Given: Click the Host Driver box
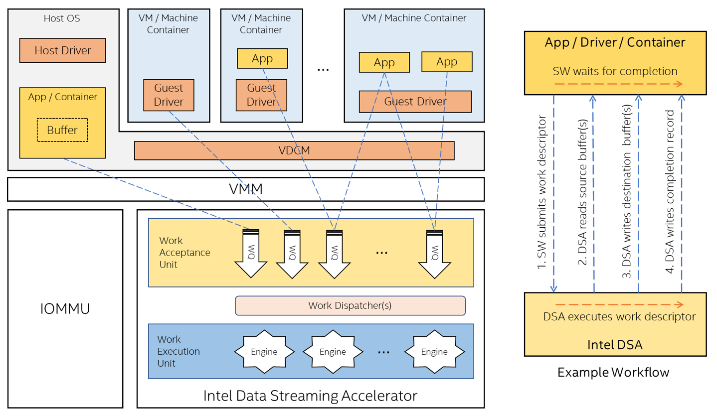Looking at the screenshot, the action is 62,50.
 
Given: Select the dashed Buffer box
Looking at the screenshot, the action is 62,130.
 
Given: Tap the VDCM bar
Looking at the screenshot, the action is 294,150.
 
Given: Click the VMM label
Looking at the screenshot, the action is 246,189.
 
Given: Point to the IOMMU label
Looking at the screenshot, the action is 65,309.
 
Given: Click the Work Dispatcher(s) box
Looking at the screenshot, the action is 350,306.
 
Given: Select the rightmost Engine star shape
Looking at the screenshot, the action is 434,352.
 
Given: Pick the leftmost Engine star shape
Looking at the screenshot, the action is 264,352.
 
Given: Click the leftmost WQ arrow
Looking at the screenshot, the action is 251,254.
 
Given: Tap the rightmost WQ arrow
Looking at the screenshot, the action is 435,254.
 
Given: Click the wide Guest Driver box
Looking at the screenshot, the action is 415,102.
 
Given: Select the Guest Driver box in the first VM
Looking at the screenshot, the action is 169,95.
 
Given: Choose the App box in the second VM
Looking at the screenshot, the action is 262,58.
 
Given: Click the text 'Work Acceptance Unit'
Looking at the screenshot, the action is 184,253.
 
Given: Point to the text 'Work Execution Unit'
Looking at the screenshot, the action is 179,351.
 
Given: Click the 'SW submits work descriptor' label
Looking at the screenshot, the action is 541,192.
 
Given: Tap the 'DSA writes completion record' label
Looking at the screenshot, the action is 670,192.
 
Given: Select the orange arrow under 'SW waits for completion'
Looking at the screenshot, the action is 618,84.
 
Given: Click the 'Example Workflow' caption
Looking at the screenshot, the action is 613,373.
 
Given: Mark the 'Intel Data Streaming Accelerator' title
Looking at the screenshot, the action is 310,396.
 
